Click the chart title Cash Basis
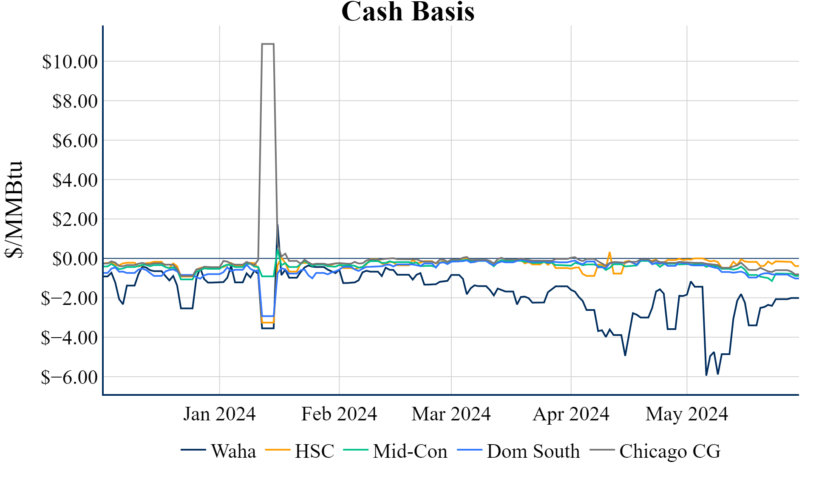[x=408, y=11]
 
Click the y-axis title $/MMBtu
[x=14, y=209]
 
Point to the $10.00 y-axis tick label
[x=70, y=62]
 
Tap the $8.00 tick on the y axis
[x=75, y=101]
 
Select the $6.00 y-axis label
[x=75, y=141]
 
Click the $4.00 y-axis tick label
[x=75, y=180]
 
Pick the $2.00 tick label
[x=75, y=220]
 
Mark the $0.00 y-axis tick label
[x=75, y=259]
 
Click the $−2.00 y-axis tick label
[x=69, y=299]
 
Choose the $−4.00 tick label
[x=69, y=338]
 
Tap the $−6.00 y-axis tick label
[x=69, y=377]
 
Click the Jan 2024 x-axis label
[x=219, y=414]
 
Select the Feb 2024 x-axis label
[x=339, y=414]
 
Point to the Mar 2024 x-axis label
[x=451, y=414]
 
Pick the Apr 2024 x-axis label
[x=571, y=414]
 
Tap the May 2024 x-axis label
[x=687, y=414]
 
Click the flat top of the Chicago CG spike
[x=268, y=44]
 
